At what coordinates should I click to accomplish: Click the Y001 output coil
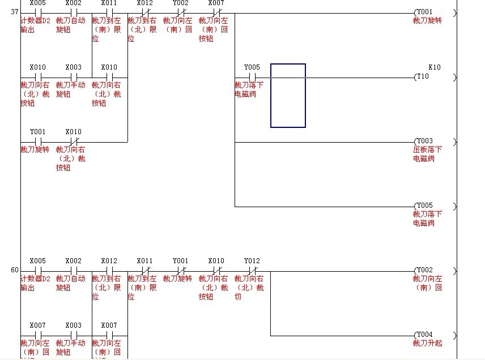click(423, 12)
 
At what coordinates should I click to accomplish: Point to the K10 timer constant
click(434, 67)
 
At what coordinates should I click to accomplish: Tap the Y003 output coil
click(423, 141)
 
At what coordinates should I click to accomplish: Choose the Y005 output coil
click(423, 205)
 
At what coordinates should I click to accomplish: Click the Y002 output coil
click(423, 271)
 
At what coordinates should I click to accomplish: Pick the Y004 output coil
click(423, 335)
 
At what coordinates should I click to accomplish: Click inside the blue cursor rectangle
click(288, 95)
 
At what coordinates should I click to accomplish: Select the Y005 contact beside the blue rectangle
click(252, 77)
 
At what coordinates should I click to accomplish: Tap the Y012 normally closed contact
click(252, 271)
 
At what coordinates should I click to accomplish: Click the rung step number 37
click(15, 12)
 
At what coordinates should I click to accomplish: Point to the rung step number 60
click(15, 270)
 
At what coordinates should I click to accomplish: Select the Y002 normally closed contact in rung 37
click(181, 12)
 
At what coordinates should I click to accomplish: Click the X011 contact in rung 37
click(109, 12)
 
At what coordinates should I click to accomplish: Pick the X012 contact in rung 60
click(109, 271)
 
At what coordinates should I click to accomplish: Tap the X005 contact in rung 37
click(38, 12)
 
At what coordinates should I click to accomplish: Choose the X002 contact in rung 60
click(74, 271)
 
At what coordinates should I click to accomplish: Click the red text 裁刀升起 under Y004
click(427, 344)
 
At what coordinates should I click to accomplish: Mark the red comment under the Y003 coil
click(427, 154)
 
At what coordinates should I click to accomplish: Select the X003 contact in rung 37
click(74, 77)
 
